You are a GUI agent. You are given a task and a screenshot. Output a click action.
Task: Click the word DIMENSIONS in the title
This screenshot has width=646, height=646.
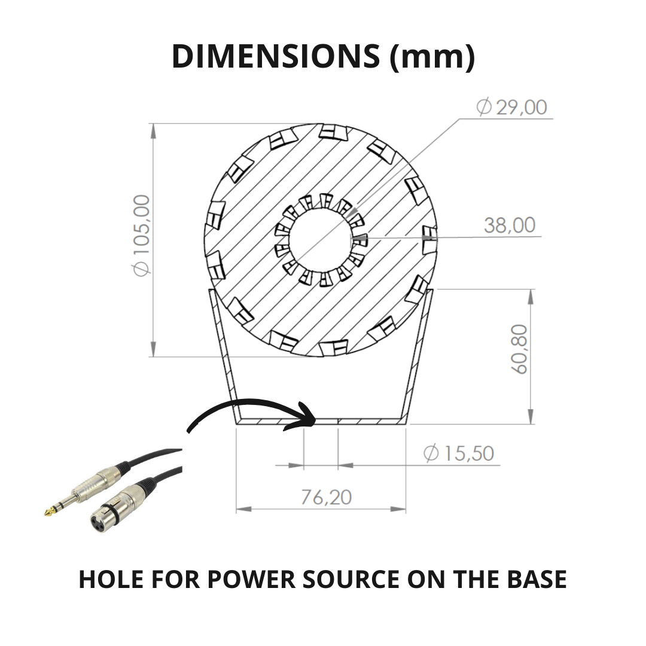[x=276, y=56]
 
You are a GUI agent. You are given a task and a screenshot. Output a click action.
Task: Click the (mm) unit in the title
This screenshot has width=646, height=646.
[x=432, y=57]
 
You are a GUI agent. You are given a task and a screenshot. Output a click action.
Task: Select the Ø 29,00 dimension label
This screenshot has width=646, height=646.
[x=511, y=107]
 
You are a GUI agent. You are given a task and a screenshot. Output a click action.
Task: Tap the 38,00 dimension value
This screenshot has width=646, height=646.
[x=510, y=226]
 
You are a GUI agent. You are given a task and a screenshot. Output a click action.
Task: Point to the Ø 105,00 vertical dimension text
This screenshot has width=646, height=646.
[x=141, y=236]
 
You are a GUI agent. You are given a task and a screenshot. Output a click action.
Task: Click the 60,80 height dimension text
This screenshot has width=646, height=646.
[x=519, y=349]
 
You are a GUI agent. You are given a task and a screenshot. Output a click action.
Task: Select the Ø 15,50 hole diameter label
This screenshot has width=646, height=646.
[x=459, y=453]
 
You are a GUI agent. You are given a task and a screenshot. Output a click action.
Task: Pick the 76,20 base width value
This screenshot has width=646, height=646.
[x=326, y=497]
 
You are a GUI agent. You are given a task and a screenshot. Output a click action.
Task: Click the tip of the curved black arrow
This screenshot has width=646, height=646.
[x=316, y=420]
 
